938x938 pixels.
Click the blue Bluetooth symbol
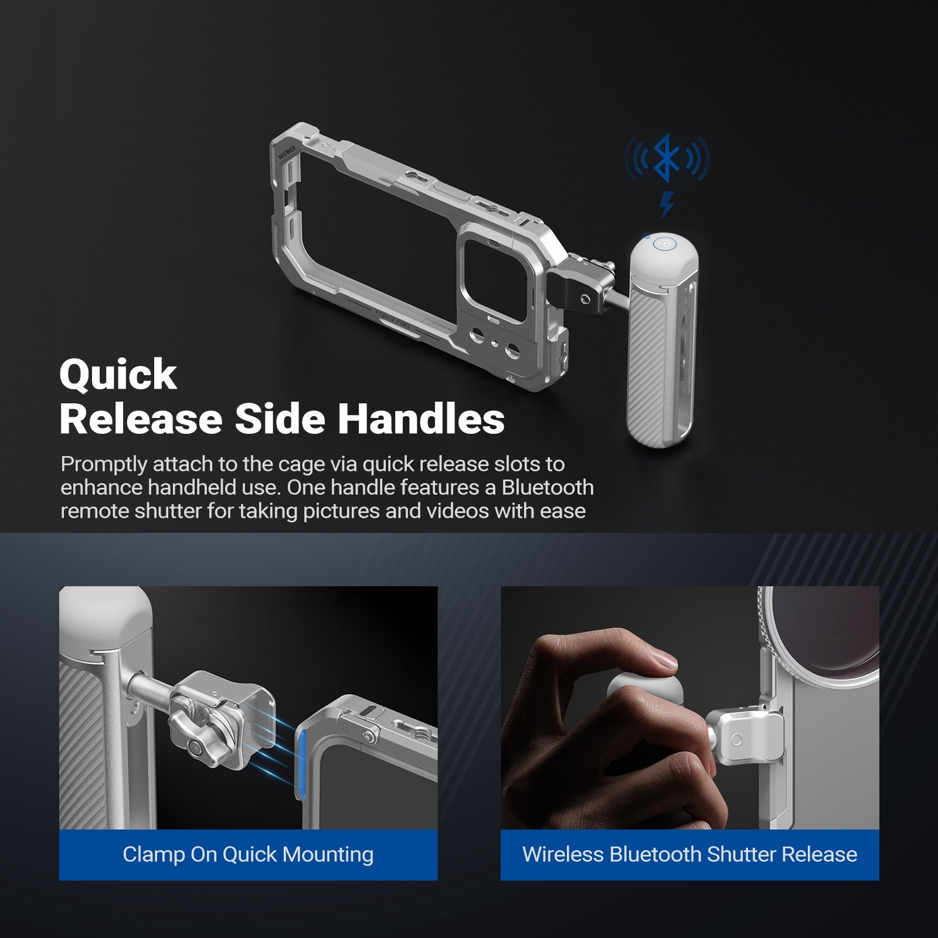(667, 157)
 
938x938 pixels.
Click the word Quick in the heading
(118, 376)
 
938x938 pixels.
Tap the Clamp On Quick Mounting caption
(248, 854)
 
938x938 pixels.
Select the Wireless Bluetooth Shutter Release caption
(689, 854)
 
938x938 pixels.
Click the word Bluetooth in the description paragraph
(548, 487)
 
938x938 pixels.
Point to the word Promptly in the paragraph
(104, 464)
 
